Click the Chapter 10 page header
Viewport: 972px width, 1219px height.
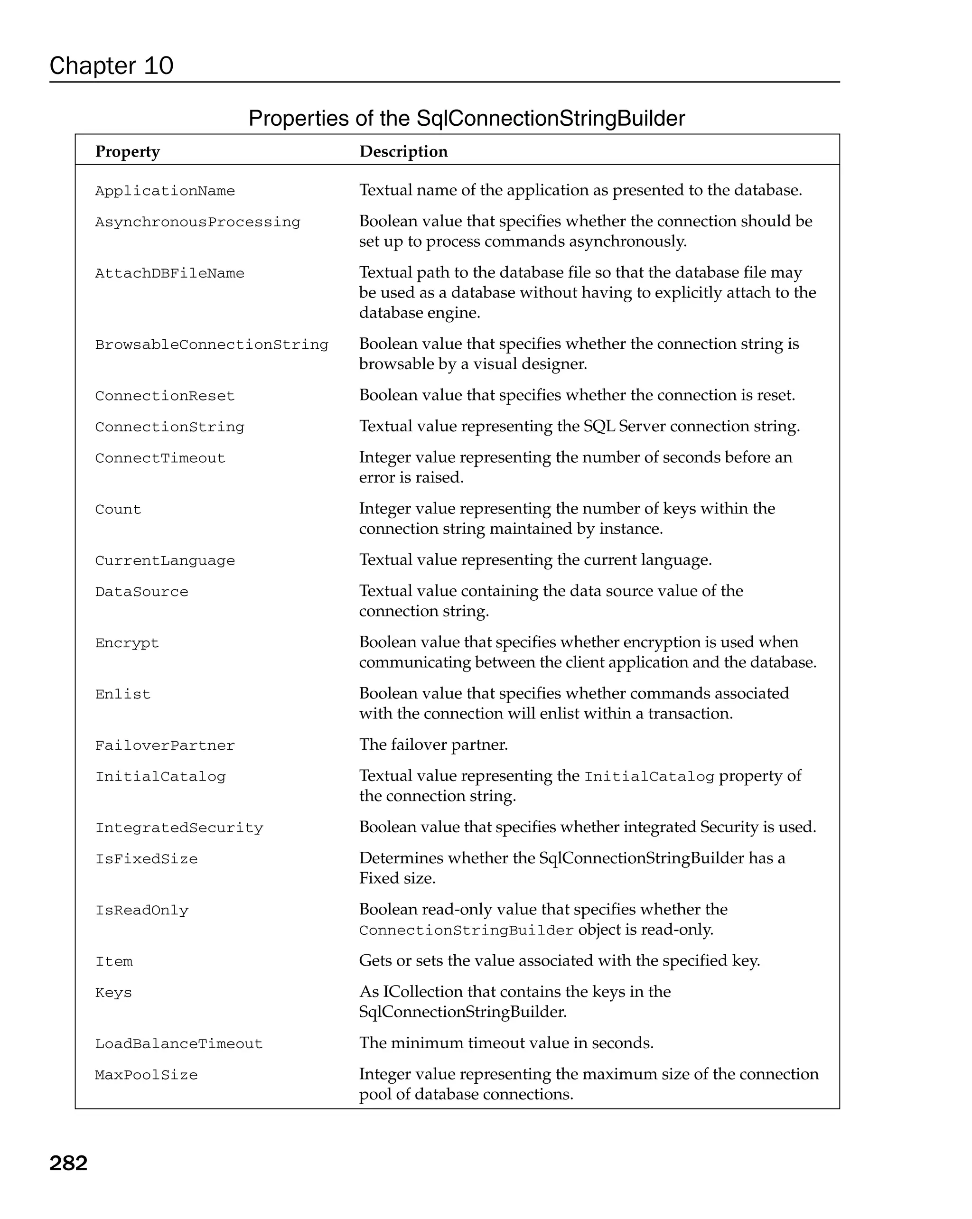(x=112, y=65)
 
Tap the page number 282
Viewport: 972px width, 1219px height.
(x=68, y=1163)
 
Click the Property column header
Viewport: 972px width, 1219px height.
(x=127, y=151)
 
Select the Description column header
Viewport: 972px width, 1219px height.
(x=403, y=151)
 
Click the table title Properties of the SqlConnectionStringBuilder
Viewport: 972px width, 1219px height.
(x=467, y=118)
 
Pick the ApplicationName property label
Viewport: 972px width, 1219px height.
(x=165, y=191)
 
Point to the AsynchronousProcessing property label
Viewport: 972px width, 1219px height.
(x=197, y=222)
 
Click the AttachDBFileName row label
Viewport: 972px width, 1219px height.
(x=169, y=274)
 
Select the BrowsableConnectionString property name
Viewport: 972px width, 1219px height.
(x=212, y=345)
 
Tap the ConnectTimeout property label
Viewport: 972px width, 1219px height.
(x=160, y=458)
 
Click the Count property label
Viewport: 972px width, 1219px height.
(x=118, y=510)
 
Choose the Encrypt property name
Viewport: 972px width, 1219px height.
(x=127, y=643)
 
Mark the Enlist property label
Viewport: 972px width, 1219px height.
(x=123, y=695)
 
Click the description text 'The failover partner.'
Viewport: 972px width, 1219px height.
(x=433, y=744)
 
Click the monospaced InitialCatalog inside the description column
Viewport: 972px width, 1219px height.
(x=649, y=777)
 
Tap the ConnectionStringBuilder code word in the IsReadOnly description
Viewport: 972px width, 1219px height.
(x=466, y=931)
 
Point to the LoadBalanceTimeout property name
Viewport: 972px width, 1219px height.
(x=178, y=1044)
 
